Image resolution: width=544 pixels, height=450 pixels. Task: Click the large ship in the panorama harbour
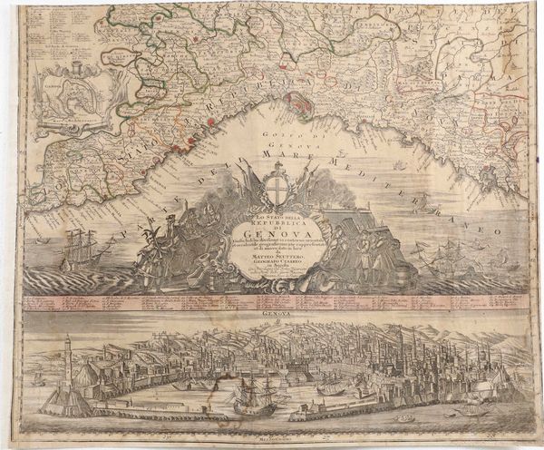pos(250,395)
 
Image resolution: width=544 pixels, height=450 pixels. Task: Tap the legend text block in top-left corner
pos(49,36)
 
